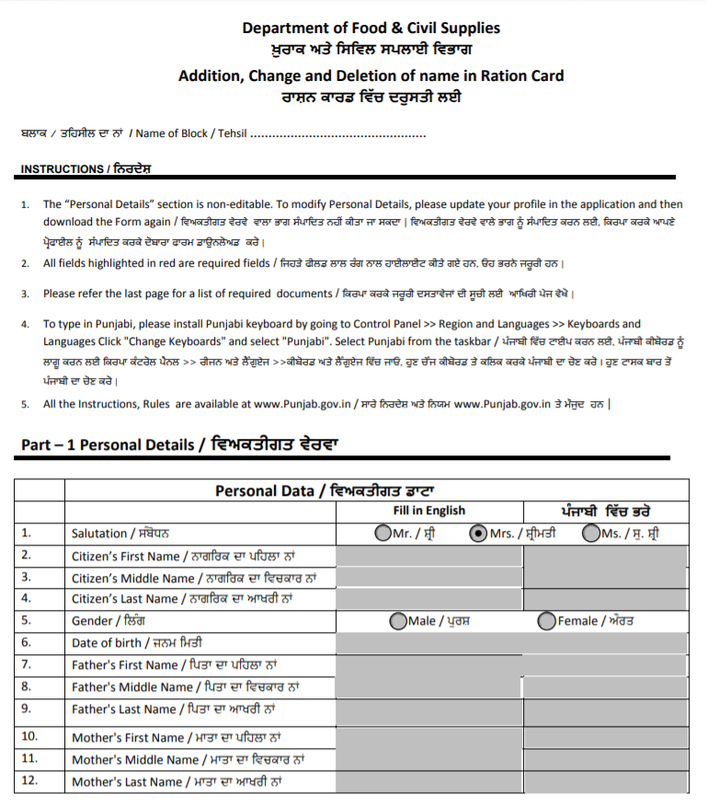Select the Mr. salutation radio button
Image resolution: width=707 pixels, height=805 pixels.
tap(382, 533)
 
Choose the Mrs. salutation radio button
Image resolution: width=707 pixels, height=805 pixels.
tap(478, 533)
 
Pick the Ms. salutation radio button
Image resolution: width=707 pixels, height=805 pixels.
tap(591, 533)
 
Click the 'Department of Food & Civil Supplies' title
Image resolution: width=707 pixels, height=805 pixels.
tap(371, 29)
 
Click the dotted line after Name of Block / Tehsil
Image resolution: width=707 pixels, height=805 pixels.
tap(337, 134)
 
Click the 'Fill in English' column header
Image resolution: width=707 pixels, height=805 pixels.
tap(428, 511)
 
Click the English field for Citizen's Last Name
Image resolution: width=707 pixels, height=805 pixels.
tap(429, 599)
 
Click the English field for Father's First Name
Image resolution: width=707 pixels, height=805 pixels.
tap(429, 665)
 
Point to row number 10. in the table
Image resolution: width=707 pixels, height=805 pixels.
tap(29, 737)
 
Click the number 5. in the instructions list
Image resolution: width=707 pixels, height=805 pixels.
tap(25, 404)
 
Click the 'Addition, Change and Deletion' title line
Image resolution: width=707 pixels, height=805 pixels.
tap(371, 75)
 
